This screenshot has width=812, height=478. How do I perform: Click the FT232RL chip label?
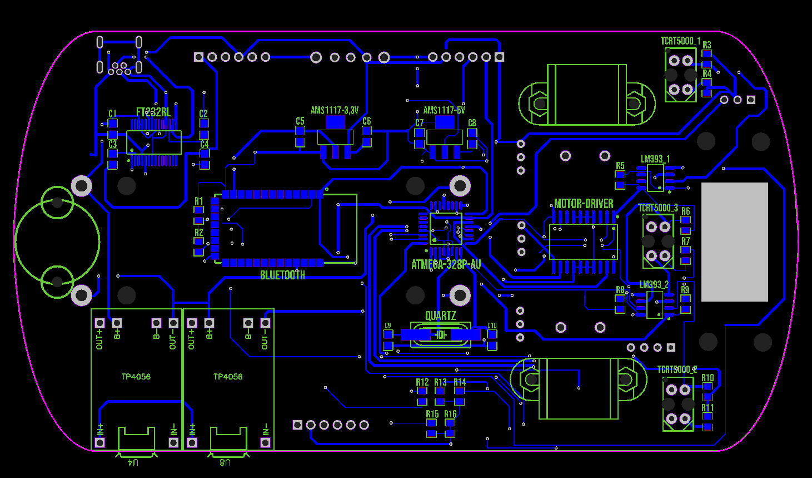153,112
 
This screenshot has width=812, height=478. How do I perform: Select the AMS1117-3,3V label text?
335,110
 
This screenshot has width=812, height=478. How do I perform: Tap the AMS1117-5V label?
444,110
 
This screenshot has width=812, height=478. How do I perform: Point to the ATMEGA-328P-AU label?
446,264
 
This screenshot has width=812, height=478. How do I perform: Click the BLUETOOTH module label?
282,275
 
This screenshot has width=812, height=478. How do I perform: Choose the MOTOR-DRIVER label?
584,204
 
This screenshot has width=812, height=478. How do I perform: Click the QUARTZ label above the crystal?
440,316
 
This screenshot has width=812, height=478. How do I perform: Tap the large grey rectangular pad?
734,242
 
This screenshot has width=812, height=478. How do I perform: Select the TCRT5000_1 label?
680,41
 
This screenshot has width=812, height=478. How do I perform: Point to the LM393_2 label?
654,284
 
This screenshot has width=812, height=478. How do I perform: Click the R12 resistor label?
422,382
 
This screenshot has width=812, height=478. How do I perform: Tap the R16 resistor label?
450,414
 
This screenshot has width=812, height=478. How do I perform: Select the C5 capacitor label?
300,121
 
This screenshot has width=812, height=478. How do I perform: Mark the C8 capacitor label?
472,123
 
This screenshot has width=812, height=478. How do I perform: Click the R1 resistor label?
199,201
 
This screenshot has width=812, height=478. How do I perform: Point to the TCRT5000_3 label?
657,208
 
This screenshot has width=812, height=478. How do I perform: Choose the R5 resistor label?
620,166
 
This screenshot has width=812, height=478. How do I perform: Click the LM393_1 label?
655,159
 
